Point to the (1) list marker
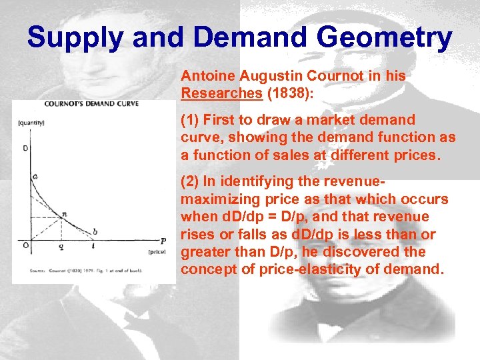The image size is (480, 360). (190, 121)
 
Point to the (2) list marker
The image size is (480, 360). (190, 182)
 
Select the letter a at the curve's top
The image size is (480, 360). (35, 176)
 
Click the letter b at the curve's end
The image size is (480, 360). (95, 231)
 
